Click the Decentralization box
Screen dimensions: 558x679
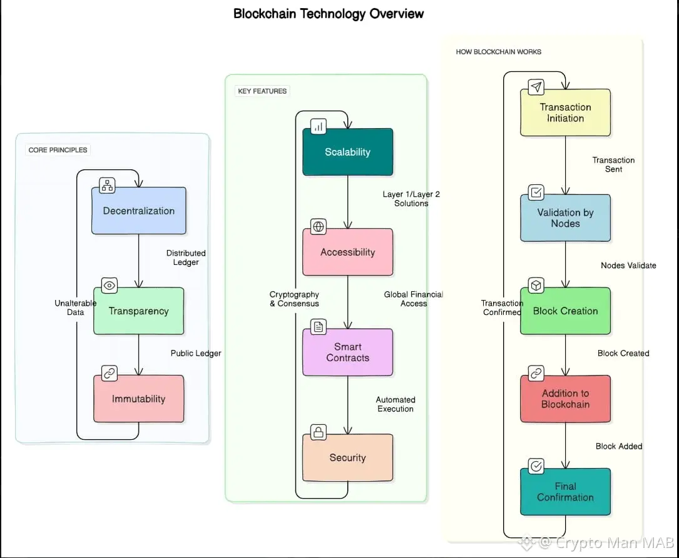coord(138,211)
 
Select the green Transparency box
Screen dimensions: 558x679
coord(138,311)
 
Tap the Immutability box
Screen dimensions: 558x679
coord(138,399)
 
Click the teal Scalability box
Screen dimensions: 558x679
coord(347,152)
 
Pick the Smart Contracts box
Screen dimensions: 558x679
coord(347,352)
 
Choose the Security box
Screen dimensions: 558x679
coord(347,458)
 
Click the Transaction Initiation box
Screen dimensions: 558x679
coord(565,113)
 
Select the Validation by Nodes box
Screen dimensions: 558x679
coord(565,218)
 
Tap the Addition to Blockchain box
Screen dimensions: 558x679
coord(565,399)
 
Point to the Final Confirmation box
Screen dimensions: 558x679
coord(565,492)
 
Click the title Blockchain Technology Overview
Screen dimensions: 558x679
coord(329,14)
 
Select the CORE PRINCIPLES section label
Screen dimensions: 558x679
coord(58,150)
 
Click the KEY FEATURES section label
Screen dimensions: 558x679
coord(262,91)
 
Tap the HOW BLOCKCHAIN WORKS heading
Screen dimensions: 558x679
coord(499,52)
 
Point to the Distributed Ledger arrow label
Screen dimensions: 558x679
coord(186,257)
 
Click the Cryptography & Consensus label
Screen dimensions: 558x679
coord(294,299)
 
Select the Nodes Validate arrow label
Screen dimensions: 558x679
coord(628,266)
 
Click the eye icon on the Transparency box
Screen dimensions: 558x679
coord(110,286)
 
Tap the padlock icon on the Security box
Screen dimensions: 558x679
coord(318,432)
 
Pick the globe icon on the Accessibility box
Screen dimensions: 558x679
coord(318,227)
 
